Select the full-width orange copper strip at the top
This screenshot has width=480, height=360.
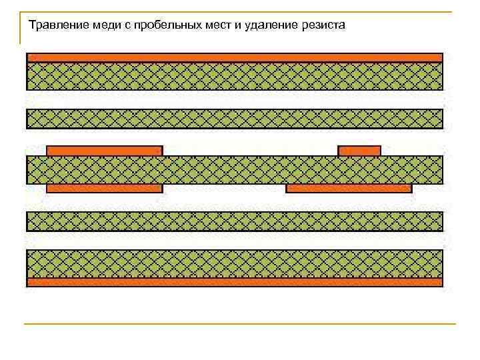coord(235,57)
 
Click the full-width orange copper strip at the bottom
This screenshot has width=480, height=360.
coord(235,282)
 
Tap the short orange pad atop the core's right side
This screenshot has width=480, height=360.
coord(359,151)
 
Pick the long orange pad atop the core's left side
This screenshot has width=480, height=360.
coord(104,151)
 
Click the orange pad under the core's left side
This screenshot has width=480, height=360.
coord(104,189)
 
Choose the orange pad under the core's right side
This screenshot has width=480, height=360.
coord(349,189)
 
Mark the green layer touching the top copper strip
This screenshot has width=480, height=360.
coord(235,76)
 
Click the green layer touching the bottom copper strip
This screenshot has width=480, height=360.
coord(235,264)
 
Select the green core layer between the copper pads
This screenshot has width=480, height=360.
coord(235,170)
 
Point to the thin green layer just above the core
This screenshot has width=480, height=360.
coord(235,119)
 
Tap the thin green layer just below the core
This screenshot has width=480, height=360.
coord(235,221)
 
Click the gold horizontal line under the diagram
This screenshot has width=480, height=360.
coord(240,324)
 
